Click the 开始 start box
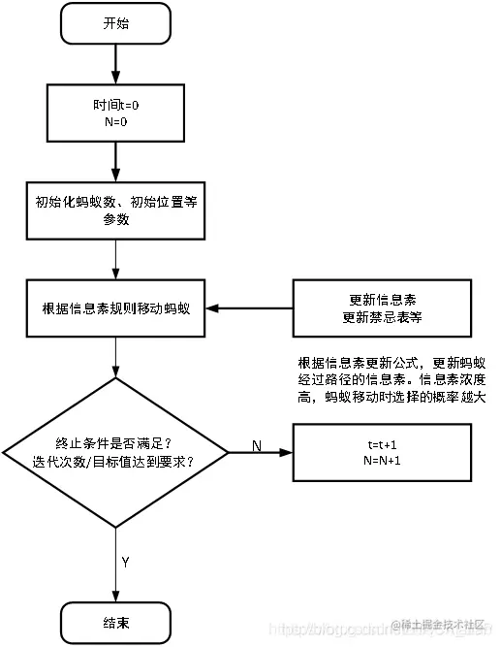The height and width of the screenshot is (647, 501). coord(115,23)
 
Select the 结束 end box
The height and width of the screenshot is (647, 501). coord(115,621)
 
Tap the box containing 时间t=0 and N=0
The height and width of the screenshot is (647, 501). coord(115,109)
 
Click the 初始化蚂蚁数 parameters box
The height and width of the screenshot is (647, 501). coord(115,211)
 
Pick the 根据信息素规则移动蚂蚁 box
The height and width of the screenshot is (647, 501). coord(115,309)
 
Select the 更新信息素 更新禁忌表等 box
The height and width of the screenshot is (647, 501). coord(383,309)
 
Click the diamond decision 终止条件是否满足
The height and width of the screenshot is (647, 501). coord(115,452)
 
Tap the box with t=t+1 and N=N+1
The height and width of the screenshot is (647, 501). coord(383,452)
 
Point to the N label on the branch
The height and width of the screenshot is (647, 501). coord(257,445)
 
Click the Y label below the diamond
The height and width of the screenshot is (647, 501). coord(126,562)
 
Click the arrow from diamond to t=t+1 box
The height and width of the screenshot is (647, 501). coord(262,453)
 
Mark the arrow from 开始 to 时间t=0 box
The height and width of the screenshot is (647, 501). coord(115,63)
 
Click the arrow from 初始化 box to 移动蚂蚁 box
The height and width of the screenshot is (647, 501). coord(115,260)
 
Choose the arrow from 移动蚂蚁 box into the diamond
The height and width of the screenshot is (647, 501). coord(115,356)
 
